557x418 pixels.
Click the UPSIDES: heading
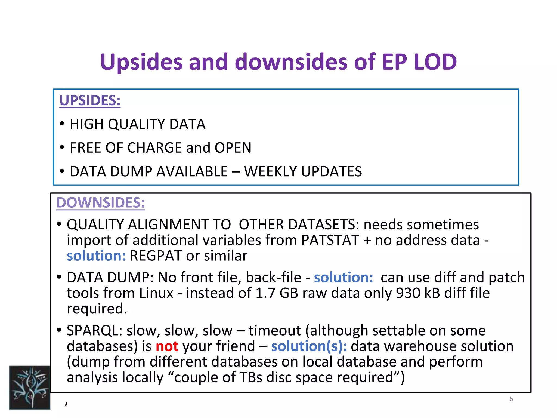[90, 100]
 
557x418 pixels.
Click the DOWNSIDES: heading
[100, 203]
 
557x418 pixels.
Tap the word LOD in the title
[435, 62]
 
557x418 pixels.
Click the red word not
[167, 346]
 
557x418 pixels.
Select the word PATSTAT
[330, 240]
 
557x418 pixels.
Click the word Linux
[156, 293]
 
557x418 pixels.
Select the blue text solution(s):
[309, 346]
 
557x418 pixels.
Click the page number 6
[511, 399]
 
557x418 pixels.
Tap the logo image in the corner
[30, 387]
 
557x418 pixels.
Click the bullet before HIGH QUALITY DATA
[62, 124]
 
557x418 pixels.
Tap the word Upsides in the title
[141, 62]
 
